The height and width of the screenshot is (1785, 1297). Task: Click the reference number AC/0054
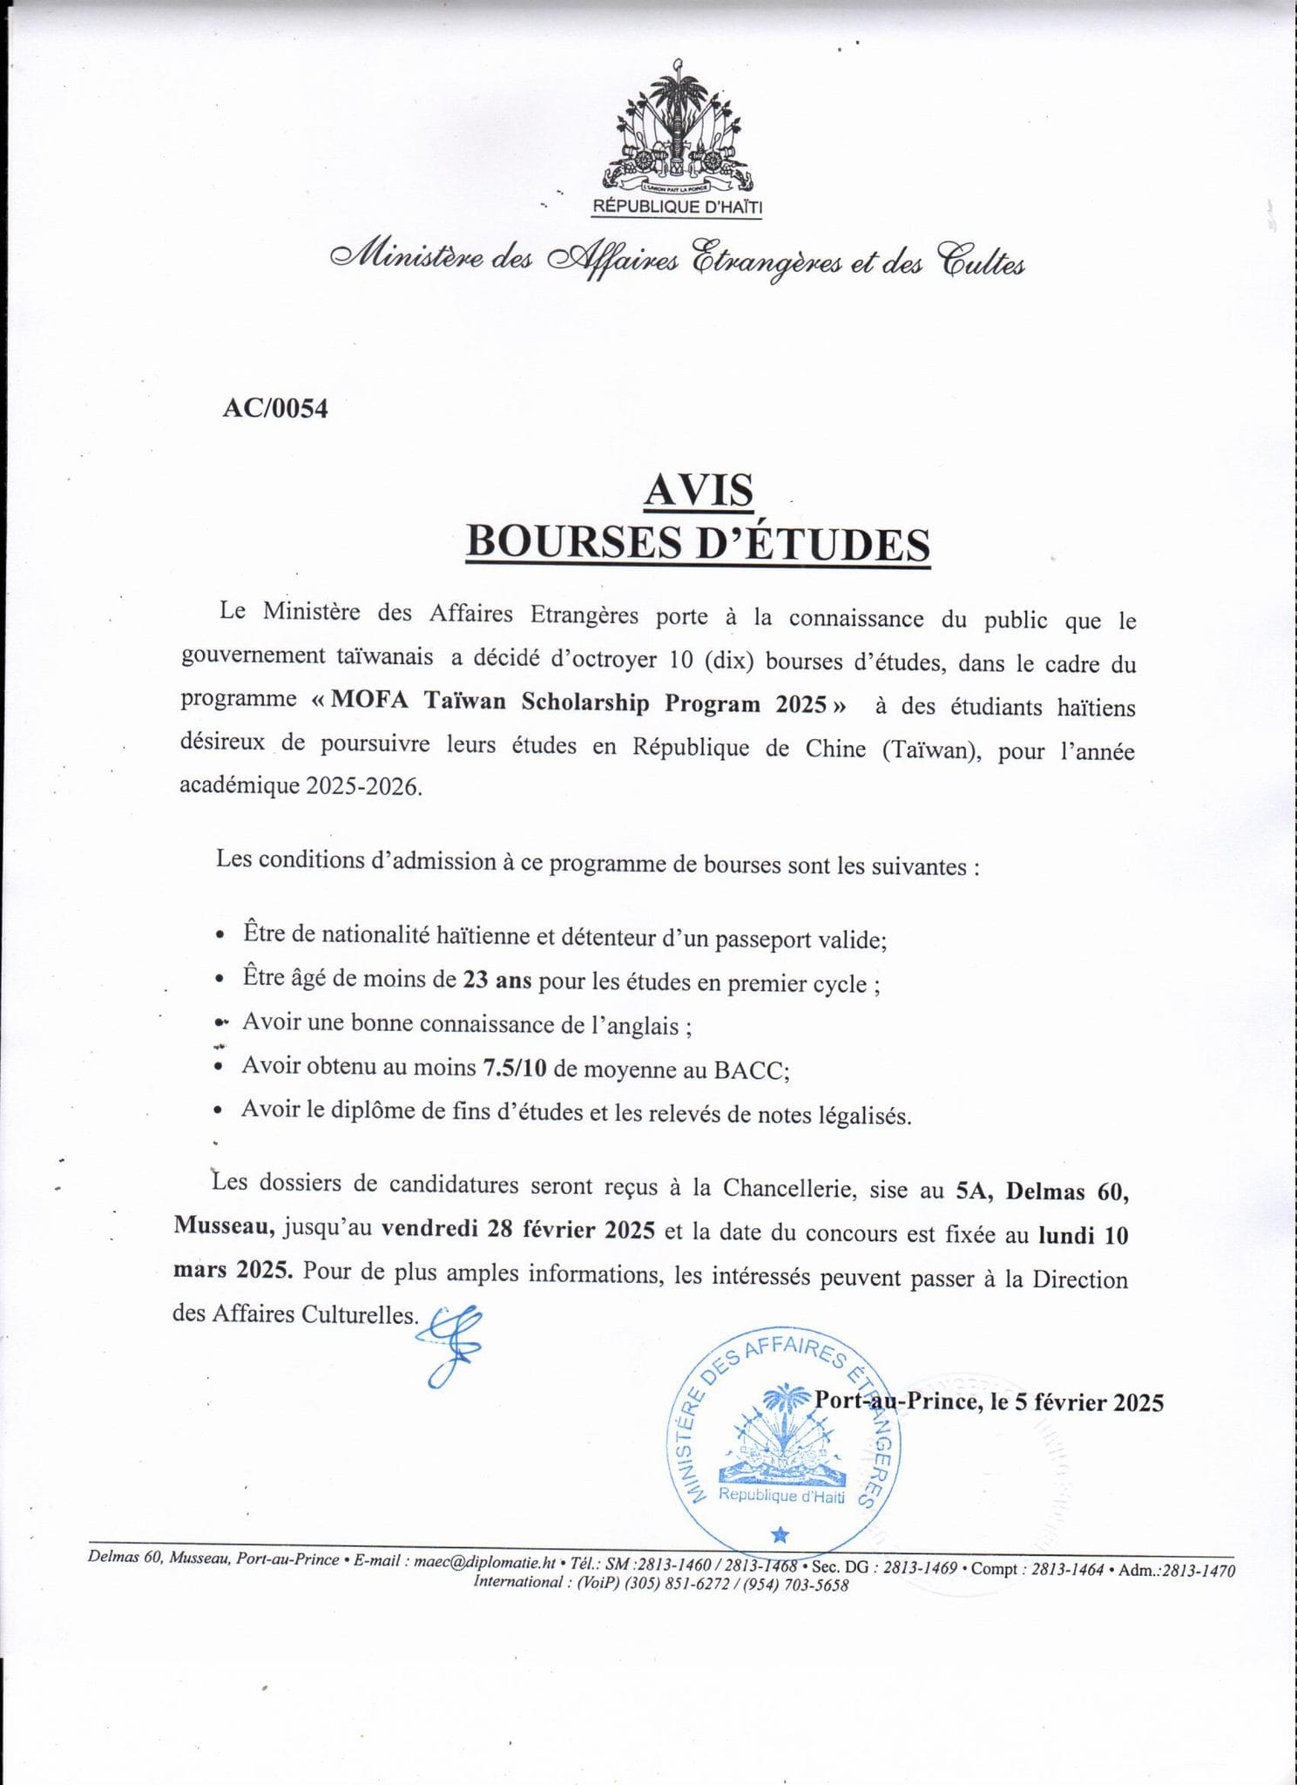click(x=275, y=409)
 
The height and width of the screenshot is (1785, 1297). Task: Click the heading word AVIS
click(x=699, y=491)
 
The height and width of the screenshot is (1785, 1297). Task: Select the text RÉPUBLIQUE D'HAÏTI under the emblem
click(x=677, y=207)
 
